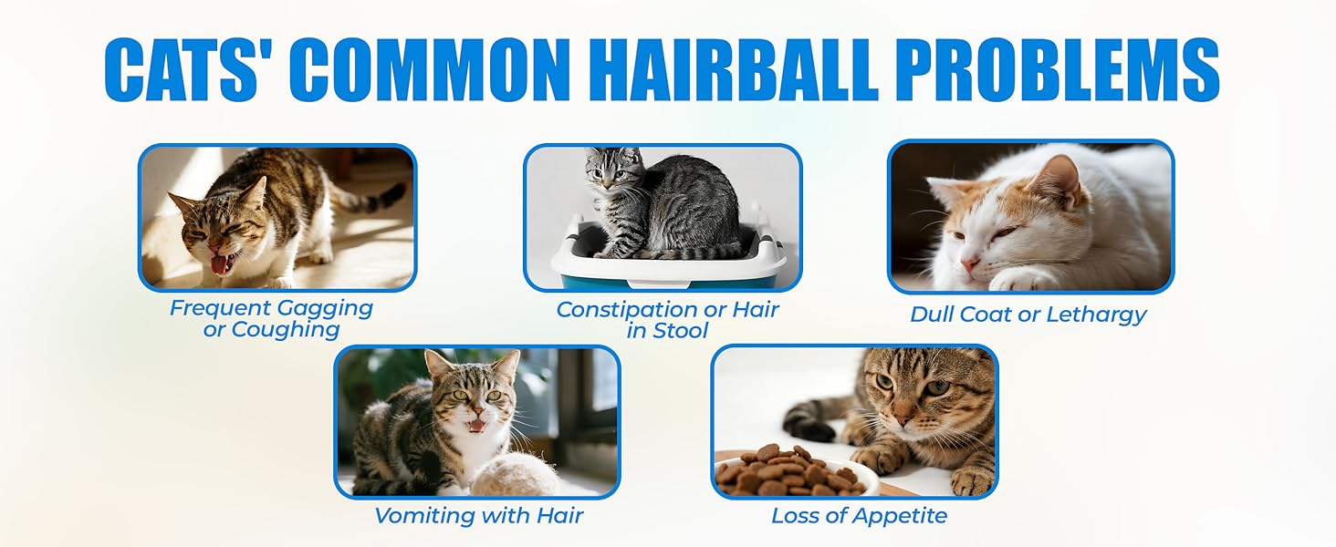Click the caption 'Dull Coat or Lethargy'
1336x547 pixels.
click(x=1028, y=315)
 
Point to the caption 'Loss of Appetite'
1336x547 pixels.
click(x=859, y=516)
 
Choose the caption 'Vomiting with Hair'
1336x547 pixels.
click(x=478, y=516)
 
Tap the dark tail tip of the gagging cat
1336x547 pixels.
click(x=393, y=192)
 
